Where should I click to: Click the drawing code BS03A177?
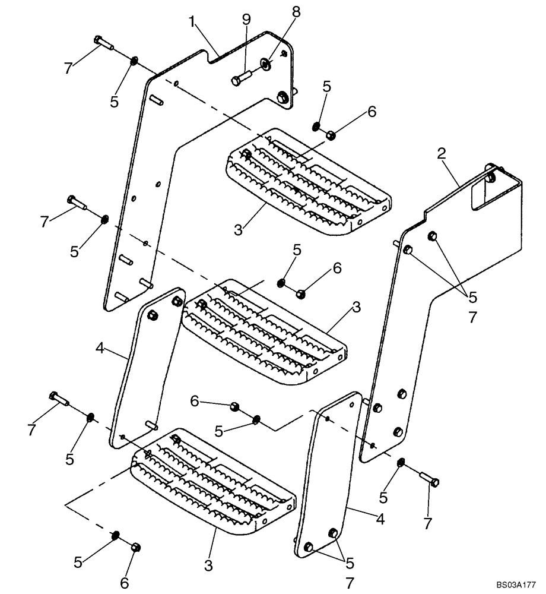(x=517, y=585)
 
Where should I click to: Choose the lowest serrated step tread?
(x=214, y=481)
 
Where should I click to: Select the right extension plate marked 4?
(x=330, y=475)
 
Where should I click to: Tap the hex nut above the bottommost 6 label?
(x=135, y=546)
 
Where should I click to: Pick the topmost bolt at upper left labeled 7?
(x=104, y=43)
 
